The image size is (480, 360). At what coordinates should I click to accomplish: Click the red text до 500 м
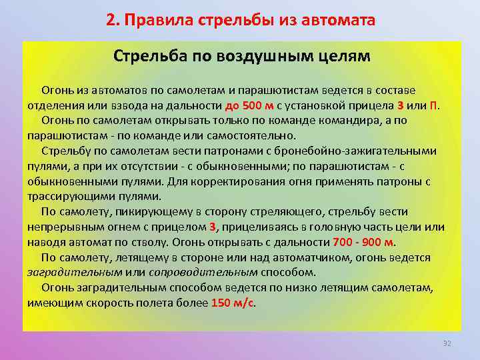pyautogui.click(x=249, y=105)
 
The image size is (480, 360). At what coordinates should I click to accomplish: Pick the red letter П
pyautogui.click(x=433, y=105)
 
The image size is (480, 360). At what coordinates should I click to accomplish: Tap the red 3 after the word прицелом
pyautogui.click(x=213, y=227)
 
